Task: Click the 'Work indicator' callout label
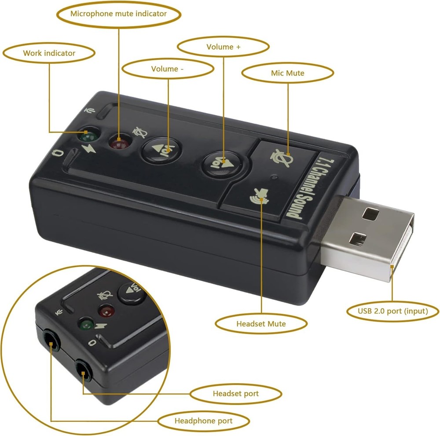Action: [49, 53]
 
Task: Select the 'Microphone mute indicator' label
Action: [118, 14]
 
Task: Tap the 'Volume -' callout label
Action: [168, 69]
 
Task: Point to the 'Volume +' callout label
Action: [223, 47]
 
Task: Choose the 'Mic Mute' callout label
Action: [287, 73]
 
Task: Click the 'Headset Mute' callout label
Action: [261, 324]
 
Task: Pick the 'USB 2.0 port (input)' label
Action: [392, 311]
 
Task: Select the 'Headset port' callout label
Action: [235, 393]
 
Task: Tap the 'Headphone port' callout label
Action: [203, 421]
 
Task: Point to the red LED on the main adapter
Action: [117, 143]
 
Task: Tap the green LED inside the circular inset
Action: [86, 325]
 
